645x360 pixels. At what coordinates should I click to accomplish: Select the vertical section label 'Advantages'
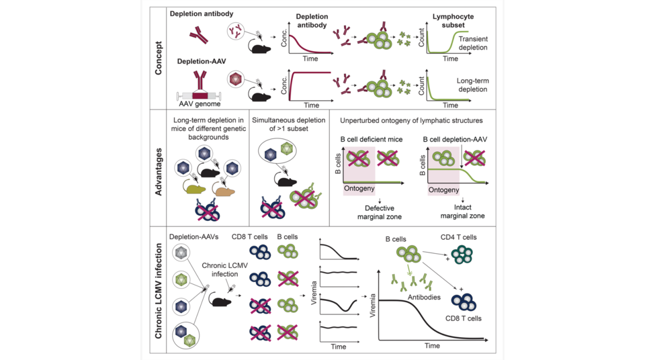[x=159, y=168]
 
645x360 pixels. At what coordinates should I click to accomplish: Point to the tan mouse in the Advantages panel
[x=228, y=193]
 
